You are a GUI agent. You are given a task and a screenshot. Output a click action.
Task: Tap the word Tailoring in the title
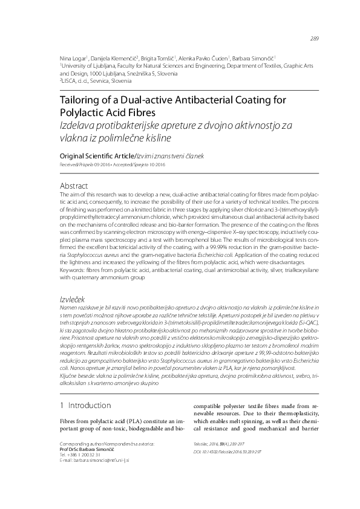(x=85, y=100)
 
